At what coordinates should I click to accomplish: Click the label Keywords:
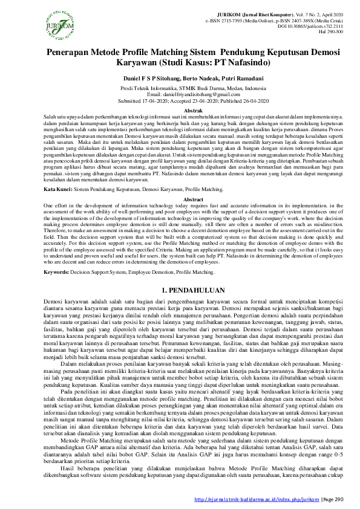(x=57, y=272)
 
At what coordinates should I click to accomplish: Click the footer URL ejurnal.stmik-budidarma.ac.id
(x=255, y=499)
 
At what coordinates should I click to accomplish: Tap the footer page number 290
(x=338, y=499)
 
